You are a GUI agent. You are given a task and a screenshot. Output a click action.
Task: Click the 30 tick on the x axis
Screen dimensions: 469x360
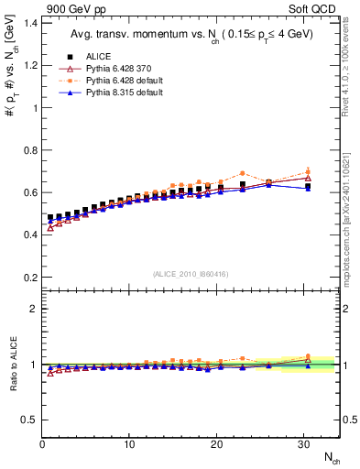coord(303,445)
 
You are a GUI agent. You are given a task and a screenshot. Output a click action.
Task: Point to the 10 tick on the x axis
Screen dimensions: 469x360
coord(129,445)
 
